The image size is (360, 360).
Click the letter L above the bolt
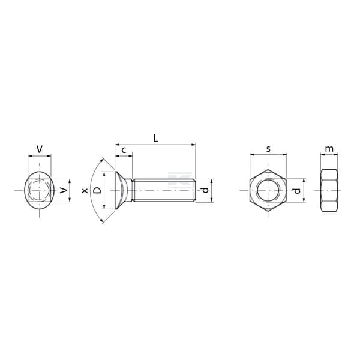pos(155,138)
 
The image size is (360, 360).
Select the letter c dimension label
pos(124,150)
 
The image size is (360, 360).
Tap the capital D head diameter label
pos(97,190)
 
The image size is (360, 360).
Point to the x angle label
pos(85,190)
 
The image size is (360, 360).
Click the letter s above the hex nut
pos(268,149)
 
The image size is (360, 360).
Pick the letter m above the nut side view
pos(329,149)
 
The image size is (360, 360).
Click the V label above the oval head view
pos(40,149)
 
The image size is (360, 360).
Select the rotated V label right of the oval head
pos(64,190)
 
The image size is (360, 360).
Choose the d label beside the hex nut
pos(297,191)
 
